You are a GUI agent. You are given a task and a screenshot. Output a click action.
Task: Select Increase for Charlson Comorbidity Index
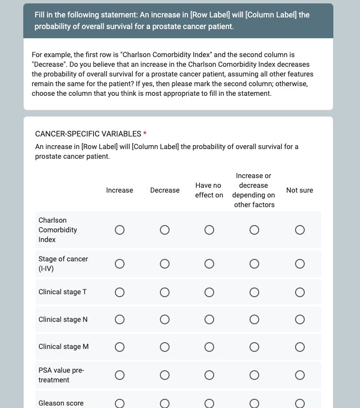120,230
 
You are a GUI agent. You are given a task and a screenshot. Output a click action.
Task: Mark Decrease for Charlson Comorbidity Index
165,230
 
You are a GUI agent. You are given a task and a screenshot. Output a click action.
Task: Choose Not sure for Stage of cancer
300,264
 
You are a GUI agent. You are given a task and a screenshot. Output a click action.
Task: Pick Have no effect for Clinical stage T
209,292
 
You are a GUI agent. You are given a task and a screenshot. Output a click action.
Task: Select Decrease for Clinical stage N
165,320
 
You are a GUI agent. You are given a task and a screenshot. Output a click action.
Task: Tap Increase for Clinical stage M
120,347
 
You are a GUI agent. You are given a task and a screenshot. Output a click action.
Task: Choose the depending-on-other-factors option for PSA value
254,375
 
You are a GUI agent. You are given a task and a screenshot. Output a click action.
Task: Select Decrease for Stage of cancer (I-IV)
165,264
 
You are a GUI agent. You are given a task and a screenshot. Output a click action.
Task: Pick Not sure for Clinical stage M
300,347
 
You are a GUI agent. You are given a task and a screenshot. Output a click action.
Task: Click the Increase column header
120,190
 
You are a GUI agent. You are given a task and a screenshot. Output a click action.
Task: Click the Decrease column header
165,190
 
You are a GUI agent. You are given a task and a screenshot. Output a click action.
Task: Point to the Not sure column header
299,190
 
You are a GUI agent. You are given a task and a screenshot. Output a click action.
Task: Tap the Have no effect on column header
209,190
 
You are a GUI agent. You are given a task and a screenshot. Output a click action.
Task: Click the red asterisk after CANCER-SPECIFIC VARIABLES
145,134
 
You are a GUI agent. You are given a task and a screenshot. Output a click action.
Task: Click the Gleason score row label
61,403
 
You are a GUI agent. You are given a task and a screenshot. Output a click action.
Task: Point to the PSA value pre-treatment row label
61,375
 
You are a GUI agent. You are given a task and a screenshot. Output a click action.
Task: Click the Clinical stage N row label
63,319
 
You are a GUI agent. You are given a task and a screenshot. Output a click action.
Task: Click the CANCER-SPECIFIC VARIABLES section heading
88,134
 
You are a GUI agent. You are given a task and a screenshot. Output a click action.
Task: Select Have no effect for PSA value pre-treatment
209,375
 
